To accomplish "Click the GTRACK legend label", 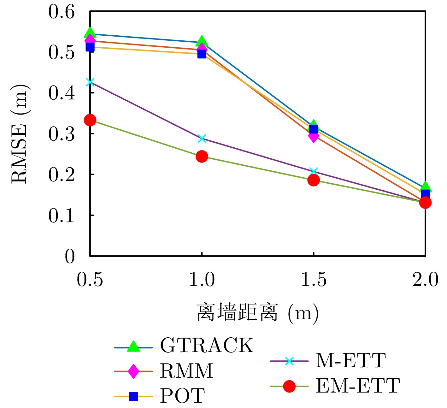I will click(x=207, y=345).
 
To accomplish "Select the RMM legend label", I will click(x=186, y=371).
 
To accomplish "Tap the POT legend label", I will click(x=182, y=396).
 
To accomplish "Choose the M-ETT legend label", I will click(x=350, y=360).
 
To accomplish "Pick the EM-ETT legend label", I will click(x=358, y=386).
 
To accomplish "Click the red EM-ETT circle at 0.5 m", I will click(x=90, y=120).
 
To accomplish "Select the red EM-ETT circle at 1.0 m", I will click(x=202, y=156).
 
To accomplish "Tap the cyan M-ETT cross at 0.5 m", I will click(x=90, y=82).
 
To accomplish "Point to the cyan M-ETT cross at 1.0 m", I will click(x=202, y=138).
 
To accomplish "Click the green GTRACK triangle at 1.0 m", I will click(x=202, y=41).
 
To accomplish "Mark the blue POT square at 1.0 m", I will click(x=202, y=54).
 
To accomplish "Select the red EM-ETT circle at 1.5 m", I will click(x=314, y=180).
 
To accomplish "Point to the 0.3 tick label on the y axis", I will click(x=62, y=134).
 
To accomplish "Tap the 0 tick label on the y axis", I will click(x=70, y=256).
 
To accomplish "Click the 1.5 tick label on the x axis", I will click(x=314, y=280).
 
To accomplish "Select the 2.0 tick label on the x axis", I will click(x=425, y=280).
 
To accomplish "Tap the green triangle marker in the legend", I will click(x=133, y=346).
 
